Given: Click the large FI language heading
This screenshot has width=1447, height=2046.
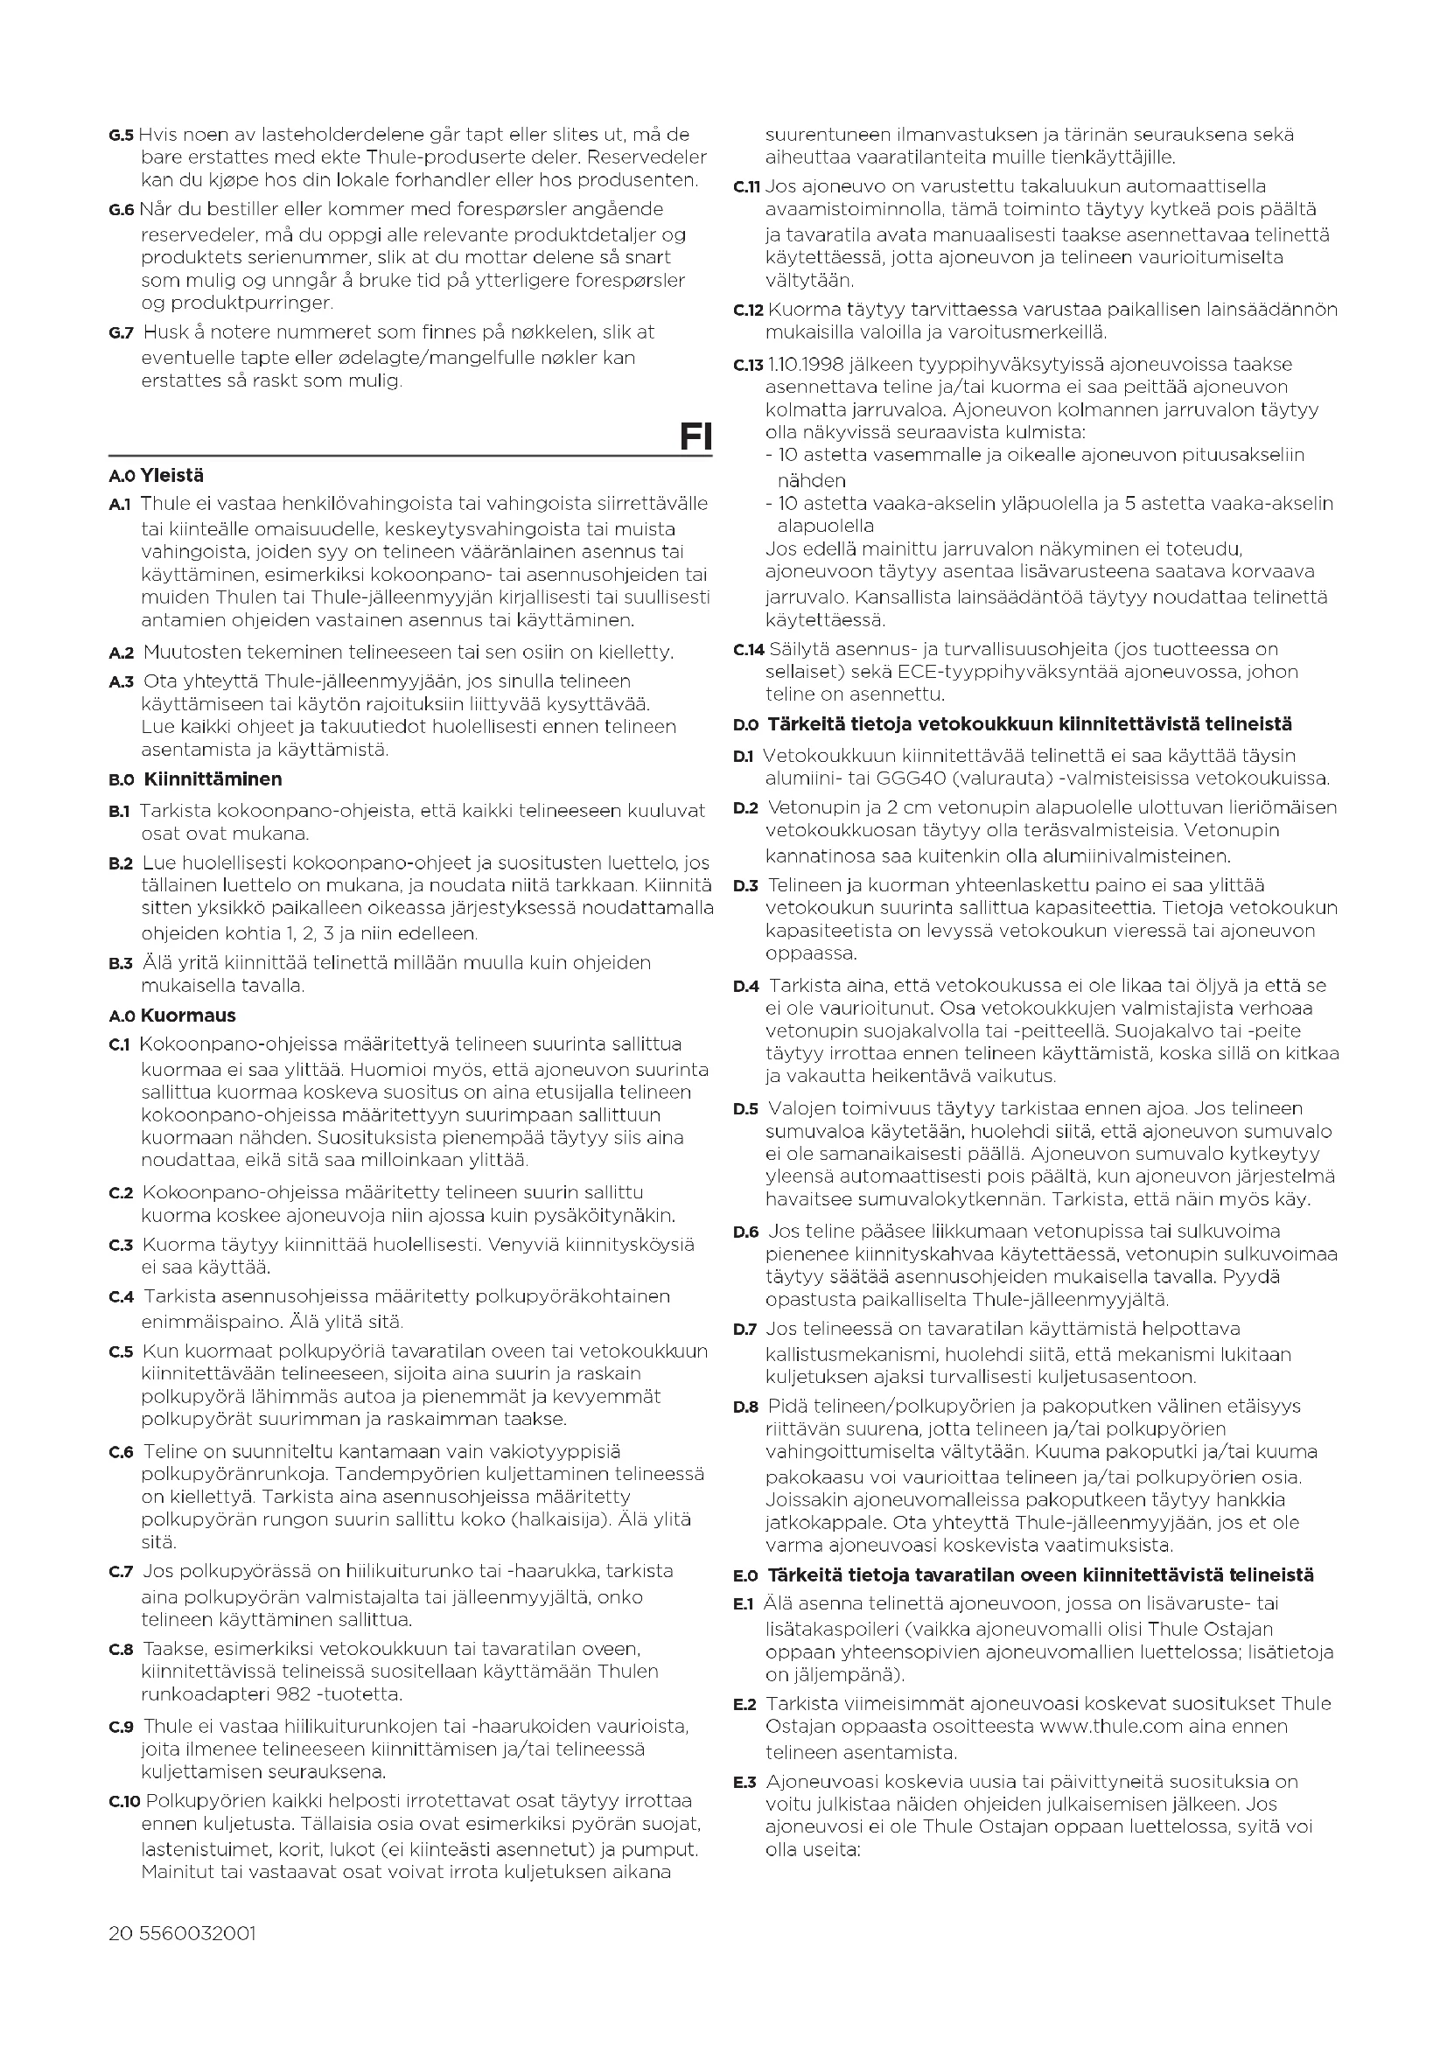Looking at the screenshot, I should click(x=694, y=436).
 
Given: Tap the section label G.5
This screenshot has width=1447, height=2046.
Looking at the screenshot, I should click(x=122, y=136).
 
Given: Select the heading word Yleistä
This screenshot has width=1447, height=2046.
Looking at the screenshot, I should click(x=172, y=476).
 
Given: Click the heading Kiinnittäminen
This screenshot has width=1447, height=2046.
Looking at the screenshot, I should click(x=213, y=779).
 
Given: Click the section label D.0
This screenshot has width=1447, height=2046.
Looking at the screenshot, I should click(x=745, y=725).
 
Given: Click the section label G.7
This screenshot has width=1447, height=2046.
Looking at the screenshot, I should click(x=122, y=333).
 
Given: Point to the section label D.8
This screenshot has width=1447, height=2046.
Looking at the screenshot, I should click(x=745, y=1407).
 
